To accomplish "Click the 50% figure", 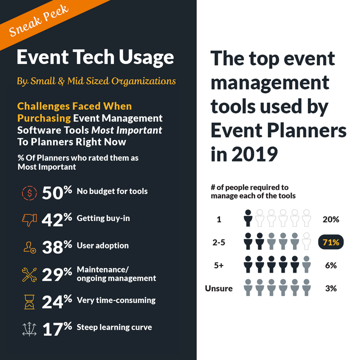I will point(57,193).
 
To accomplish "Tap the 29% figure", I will point(57,274).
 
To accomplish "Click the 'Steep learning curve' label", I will point(114,327).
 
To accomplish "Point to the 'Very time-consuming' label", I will point(116,300).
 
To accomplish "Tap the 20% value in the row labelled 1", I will point(331,220).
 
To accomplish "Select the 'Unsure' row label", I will point(219,288).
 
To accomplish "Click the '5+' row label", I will point(219,265).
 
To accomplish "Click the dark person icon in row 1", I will point(247,218).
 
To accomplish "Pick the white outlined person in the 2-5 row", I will point(306,241).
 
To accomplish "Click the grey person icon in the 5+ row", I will point(306,264).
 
